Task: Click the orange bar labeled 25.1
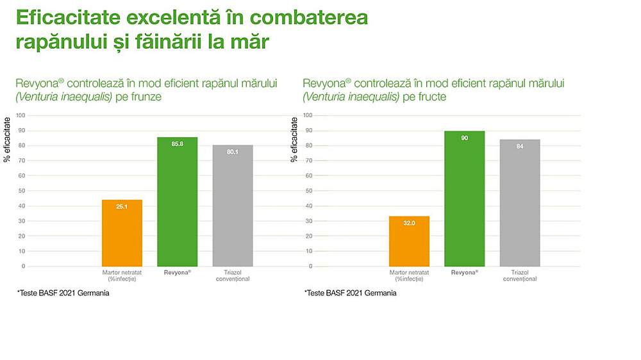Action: tap(122, 233)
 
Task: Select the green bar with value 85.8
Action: tap(178, 202)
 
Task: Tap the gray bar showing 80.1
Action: tap(233, 206)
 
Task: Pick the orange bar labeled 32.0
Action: tap(409, 241)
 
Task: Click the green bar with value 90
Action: tap(464, 199)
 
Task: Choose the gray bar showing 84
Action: tap(520, 203)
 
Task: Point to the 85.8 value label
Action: tap(178, 144)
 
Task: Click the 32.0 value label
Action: tap(409, 223)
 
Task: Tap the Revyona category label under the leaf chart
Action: tap(178, 272)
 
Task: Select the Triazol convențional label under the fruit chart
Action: tap(520, 275)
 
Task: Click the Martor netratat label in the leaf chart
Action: tap(122, 275)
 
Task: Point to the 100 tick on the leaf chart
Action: tap(21, 115)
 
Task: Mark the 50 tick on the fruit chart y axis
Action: tap(309, 191)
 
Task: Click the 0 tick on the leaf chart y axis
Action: tap(23, 266)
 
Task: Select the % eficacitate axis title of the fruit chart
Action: tap(294, 140)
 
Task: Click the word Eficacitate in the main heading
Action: tap(69, 17)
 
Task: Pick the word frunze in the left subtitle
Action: tap(146, 97)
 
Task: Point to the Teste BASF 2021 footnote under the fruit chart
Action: tap(351, 293)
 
